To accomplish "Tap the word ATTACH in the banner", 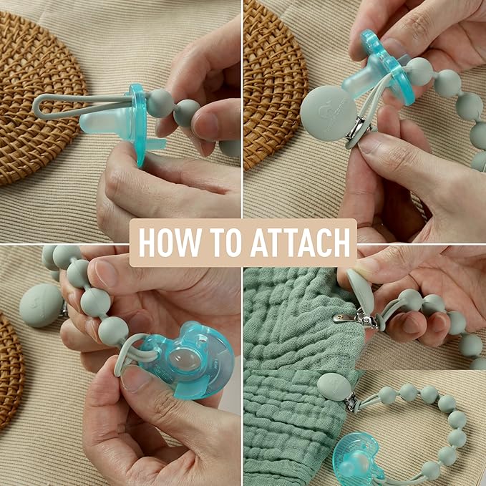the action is (x=300, y=243).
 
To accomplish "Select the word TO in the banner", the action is (x=225, y=243).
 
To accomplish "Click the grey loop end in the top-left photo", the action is (x=40, y=107).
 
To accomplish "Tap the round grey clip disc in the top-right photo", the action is (x=329, y=113).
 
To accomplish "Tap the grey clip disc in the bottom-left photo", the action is (x=42, y=306).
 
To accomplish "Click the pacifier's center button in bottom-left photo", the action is (x=185, y=359).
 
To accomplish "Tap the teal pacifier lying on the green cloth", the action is (x=356, y=460).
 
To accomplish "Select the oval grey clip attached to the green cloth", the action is (x=334, y=387).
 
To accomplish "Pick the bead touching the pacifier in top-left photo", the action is (x=160, y=103).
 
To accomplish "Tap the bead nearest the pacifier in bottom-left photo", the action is (x=113, y=331).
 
